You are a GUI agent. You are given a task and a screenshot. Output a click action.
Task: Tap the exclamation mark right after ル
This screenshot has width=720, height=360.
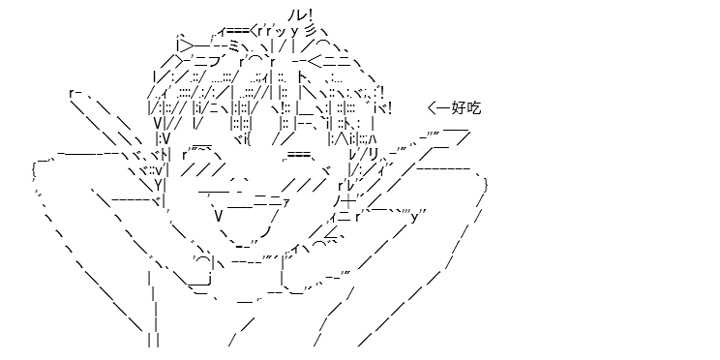click(310, 15)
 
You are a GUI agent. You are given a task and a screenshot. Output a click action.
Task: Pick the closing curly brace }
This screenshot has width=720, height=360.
click(486, 185)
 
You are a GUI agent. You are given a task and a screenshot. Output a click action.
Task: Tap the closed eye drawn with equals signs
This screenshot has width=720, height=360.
click(299, 156)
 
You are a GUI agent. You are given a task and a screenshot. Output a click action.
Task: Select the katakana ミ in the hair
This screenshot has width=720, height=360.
click(234, 45)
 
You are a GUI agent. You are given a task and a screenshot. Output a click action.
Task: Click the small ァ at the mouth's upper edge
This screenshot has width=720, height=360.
click(285, 202)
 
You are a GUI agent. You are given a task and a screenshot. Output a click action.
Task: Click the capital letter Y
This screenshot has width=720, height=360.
click(158, 185)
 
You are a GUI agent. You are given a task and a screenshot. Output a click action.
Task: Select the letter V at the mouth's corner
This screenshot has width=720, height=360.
click(219, 216)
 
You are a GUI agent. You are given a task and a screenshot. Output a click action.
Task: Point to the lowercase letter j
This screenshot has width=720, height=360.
click(210, 279)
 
